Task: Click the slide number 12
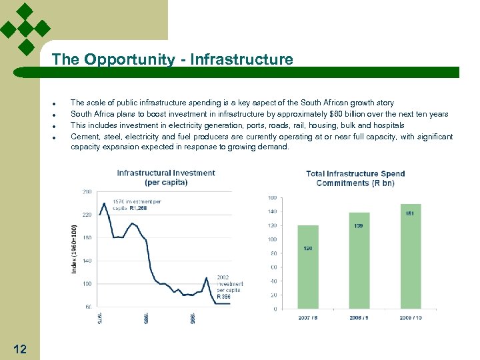pos(20,348)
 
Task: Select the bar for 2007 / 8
pos(308,267)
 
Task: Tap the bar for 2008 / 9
pos(359,261)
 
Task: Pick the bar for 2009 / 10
pos(411,256)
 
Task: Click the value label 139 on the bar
pos(359,226)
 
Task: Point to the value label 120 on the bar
pos(308,248)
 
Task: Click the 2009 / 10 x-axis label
pos(410,317)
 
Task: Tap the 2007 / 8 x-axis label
pos(308,317)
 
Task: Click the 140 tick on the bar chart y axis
pos(272,211)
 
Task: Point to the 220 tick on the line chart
pos(87,215)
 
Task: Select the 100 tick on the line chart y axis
pos(87,284)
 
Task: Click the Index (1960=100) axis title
pos(74,248)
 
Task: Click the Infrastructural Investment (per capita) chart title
pos(166,177)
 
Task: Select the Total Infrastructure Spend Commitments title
pos(355,178)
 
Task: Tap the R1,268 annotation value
pos(138,208)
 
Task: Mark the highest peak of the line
pos(104,202)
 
